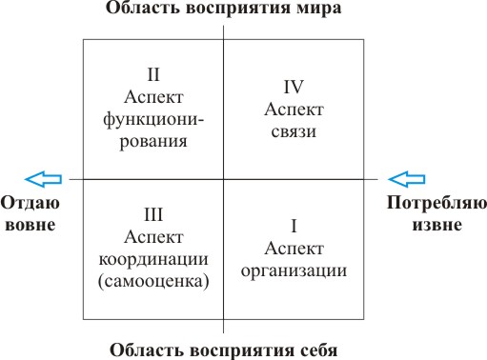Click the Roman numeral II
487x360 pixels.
[153, 74]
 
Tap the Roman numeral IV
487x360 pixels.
[294, 87]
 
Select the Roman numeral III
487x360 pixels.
[153, 214]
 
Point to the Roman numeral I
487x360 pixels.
[294, 226]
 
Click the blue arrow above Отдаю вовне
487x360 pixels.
[43, 179]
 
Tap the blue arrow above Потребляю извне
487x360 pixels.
[407, 179]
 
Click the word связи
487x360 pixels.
[294, 132]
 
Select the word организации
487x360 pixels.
[294, 271]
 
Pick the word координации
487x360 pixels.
[153, 260]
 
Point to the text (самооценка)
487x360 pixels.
[153, 281]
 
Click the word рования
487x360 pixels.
[153, 142]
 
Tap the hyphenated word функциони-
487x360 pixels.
[153, 120]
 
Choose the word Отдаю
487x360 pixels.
[30, 203]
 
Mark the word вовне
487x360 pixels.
[30, 225]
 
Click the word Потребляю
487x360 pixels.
[436, 203]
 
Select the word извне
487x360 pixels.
[437, 225]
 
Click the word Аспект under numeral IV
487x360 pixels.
[294, 110]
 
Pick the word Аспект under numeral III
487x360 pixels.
[153, 237]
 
